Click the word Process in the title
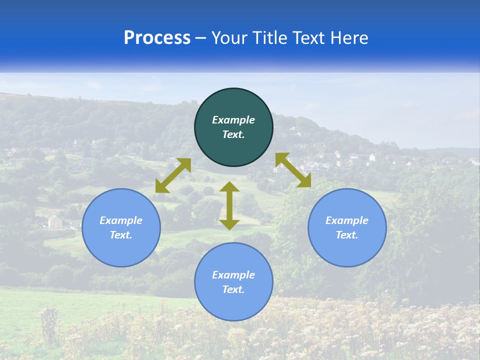(157, 38)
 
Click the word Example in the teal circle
(233, 120)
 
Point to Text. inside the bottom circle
(233, 289)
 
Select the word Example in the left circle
(121, 220)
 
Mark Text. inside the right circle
(347, 235)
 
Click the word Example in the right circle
(347, 220)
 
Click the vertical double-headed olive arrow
(229, 205)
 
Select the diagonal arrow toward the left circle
(173, 175)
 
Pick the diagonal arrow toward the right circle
(293, 170)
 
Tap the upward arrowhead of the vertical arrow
(229, 186)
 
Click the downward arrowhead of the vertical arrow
(229, 224)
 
